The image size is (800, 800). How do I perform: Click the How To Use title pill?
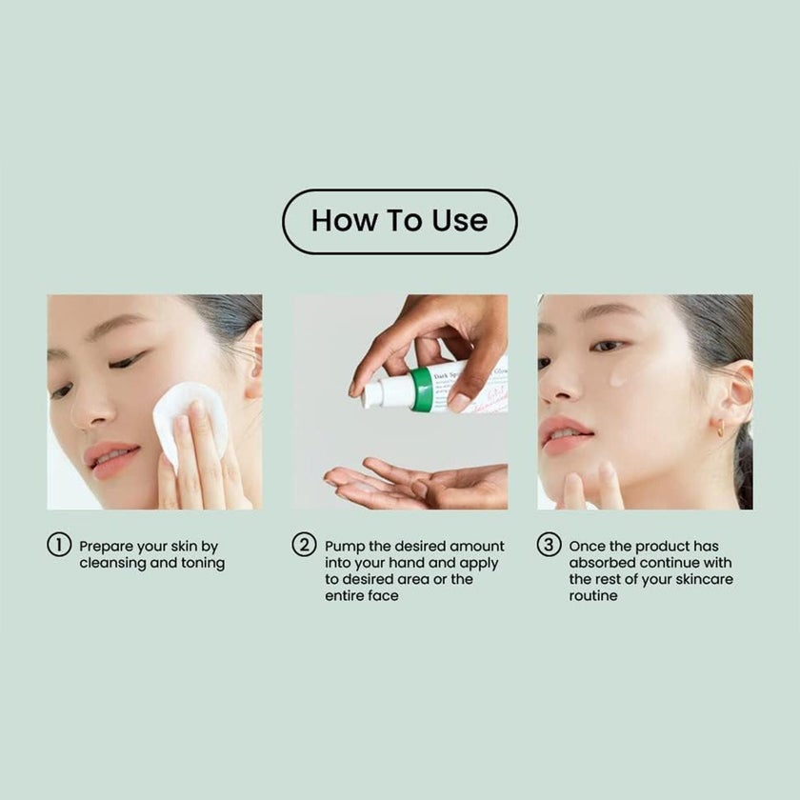click(x=399, y=222)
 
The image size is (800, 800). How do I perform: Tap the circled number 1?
click(x=59, y=546)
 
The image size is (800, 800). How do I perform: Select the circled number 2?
click(x=304, y=546)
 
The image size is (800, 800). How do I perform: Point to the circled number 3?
click(x=549, y=546)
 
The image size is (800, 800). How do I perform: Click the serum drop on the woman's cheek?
click(x=617, y=378)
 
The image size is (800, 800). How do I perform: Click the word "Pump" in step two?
click(x=345, y=547)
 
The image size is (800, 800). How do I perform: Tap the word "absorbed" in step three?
click(x=605, y=563)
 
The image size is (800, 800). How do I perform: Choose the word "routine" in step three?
click(x=593, y=595)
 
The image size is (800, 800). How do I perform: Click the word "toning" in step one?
click(x=201, y=563)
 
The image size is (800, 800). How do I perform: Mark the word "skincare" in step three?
click(x=700, y=579)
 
